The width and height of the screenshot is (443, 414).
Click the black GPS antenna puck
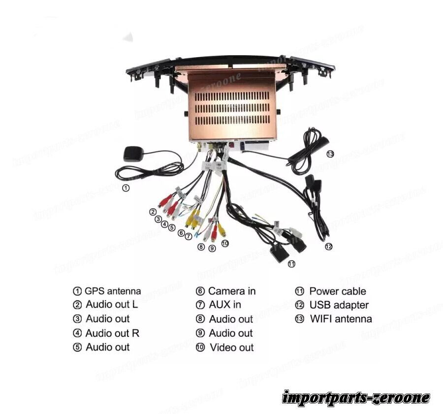pyautogui.click(x=132, y=154)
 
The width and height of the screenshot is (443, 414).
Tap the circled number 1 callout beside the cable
pyautogui.click(x=126, y=188)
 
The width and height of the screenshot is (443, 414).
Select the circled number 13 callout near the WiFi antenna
pyautogui.click(x=330, y=154)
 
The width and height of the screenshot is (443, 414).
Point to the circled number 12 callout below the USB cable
pyautogui.click(x=328, y=246)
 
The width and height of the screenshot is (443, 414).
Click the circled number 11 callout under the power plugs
pyautogui.click(x=291, y=264)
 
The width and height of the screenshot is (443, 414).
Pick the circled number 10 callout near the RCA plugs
pyautogui.click(x=225, y=243)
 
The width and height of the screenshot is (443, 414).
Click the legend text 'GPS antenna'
pyautogui.click(x=113, y=291)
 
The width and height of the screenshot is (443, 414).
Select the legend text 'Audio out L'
pyautogui.click(x=112, y=304)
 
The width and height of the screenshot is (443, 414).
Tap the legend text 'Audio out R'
pyautogui.click(x=112, y=333)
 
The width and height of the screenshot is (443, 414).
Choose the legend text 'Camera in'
pyautogui.click(x=232, y=291)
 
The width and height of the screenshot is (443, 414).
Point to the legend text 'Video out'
pyautogui.click(x=232, y=347)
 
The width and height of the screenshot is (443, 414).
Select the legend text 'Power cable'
pyautogui.click(x=338, y=291)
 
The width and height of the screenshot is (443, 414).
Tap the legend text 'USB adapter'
pyautogui.click(x=339, y=305)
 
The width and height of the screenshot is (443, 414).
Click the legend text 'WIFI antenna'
pyautogui.click(x=341, y=318)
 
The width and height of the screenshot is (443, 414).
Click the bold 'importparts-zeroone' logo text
pyautogui.click(x=356, y=397)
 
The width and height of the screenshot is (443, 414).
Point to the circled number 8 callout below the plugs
pyautogui.click(x=201, y=247)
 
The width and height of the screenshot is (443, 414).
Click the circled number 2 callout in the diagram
pyautogui.click(x=153, y=212)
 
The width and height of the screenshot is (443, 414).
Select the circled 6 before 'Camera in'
pyautogui.click(x=200, y=291)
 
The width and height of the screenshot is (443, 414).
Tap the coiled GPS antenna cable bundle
pyautogui.click(x=150, y=171)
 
